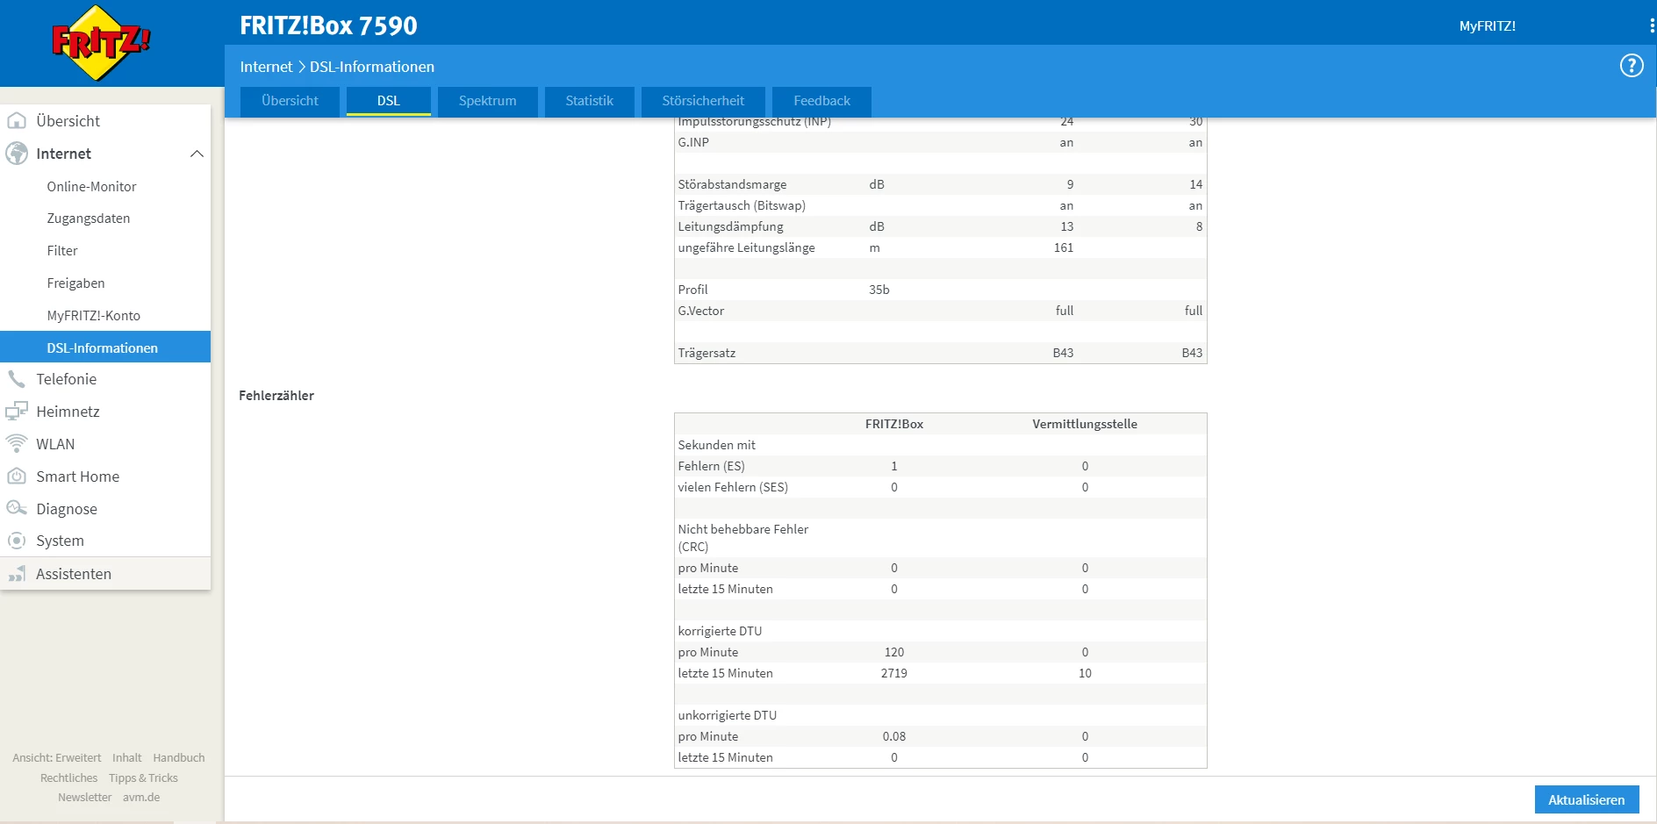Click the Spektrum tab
point(487,101)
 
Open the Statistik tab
point(589,101)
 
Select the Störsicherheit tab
point(703,101)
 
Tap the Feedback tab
point(821,101)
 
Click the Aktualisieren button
point(1586,799)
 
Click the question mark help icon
point(1631,66)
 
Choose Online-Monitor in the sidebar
point(91,187)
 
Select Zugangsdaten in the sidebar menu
point(88,219)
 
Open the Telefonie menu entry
point(66,379)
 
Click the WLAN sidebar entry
point(55,444)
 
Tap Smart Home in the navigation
point(77,476)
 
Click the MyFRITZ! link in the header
point(1487,26)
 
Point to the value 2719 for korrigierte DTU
point(893,673)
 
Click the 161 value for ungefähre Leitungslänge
point(1063,247)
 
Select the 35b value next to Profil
point(879,290)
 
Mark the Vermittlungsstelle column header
point(1084,424)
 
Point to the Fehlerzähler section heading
point(276,396)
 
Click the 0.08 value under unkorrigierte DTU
point(893,736)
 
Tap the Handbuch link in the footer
point(178,757)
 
